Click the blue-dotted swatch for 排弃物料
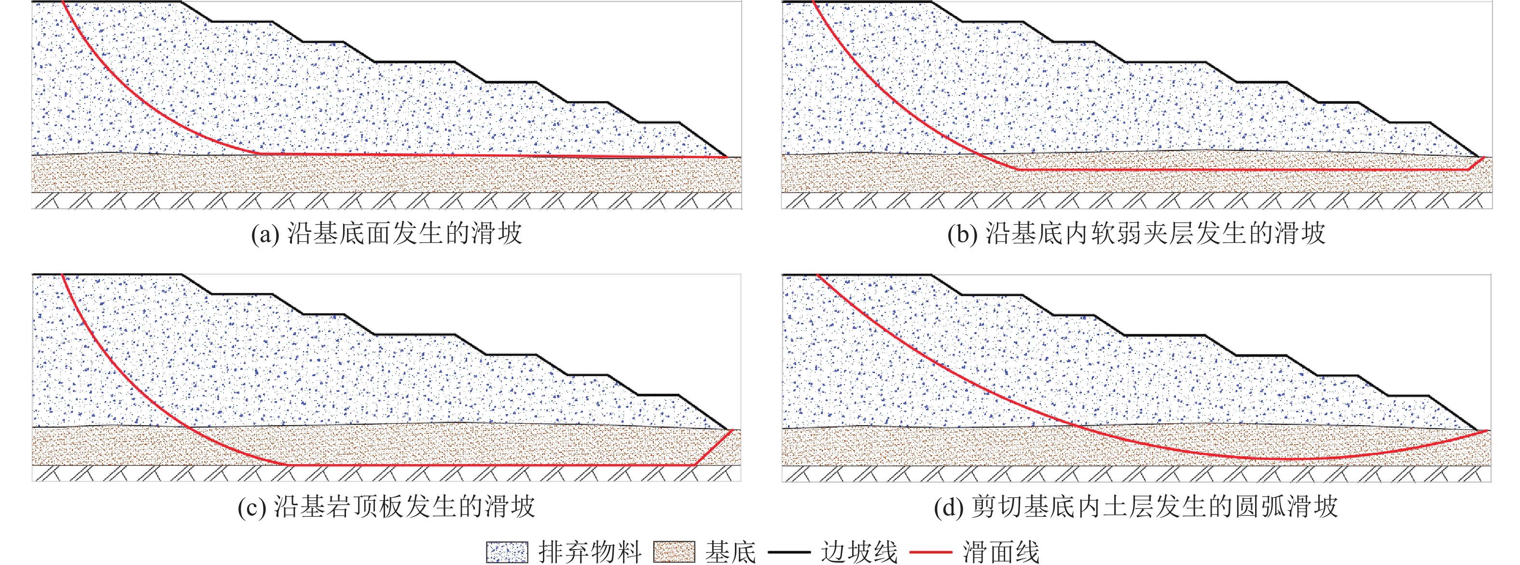506,552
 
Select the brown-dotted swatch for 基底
674,552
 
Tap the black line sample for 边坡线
789,552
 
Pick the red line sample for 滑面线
930,552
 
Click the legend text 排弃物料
590,552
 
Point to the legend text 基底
731,552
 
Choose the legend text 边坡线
859,552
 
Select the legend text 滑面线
1001,552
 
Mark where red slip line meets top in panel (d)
818,275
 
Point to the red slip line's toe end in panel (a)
726,157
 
